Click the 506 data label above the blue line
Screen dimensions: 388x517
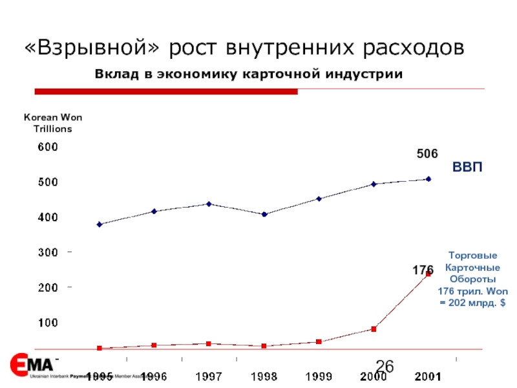427,154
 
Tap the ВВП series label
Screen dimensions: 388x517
467,167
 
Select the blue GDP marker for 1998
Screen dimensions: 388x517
264,214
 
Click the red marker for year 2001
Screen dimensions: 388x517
428,274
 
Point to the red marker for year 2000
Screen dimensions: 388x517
374,329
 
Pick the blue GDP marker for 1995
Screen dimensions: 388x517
99,224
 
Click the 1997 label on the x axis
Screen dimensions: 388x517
209,376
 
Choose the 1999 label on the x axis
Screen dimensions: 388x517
319,376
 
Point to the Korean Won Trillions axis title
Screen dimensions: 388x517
53,123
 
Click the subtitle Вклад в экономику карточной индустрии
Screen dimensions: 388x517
249,74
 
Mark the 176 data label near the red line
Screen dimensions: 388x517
423,269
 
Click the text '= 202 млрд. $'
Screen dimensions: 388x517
473,303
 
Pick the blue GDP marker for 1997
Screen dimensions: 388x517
209,204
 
